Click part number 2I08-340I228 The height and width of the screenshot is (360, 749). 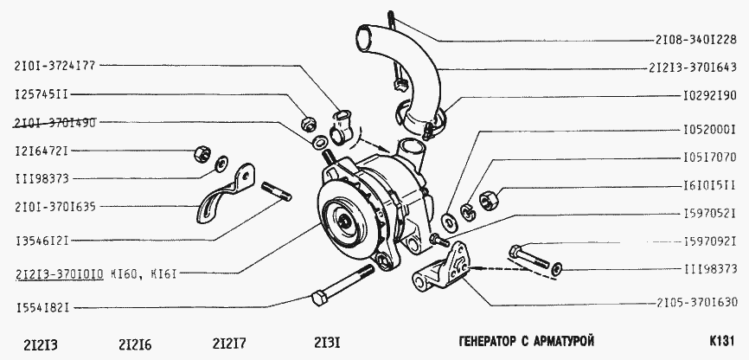tap(696, 41)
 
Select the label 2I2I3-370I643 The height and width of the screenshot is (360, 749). tap(693, 67)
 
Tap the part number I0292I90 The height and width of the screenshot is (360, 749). tap(708, 95)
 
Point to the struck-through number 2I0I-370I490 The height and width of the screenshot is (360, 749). tap(55, 122)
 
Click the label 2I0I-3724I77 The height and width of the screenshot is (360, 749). tap(55, 67)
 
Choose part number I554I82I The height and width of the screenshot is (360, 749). tap(42, 308)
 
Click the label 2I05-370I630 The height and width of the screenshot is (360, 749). tap(697, 302)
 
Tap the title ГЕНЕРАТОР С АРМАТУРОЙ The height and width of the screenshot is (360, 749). tap(526, 341)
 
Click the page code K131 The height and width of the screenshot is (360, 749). tap(721, 341)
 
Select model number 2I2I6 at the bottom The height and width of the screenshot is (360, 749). tap(135, 344)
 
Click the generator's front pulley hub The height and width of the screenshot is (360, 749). tap(345, 221)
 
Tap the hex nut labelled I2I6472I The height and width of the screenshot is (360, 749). tap(202, 154)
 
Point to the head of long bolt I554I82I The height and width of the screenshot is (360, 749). tap(318, 299)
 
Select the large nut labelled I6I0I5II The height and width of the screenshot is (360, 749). tap(489, 198)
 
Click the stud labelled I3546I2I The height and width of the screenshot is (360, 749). tap(277, 191)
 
